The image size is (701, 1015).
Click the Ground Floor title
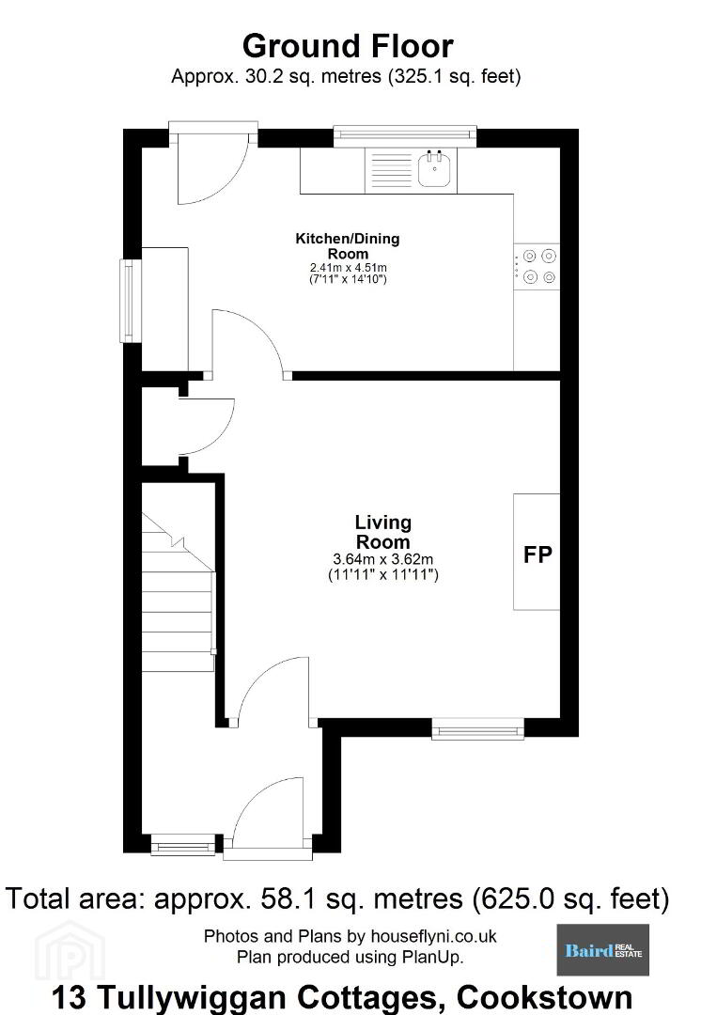pyautogui.click(x=348, y=47)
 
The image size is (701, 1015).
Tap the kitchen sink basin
pyautogui.click(x=434, y=170)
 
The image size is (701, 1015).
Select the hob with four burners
pyautogui.click(x=537, y=267)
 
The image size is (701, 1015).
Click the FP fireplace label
pyautogui.click(x=537, y=554)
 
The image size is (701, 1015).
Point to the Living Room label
pyautogui.click(x=383, y=532)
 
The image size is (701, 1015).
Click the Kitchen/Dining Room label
pyautogui.click(x=348, y=246)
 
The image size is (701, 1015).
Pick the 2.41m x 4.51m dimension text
pyautogui.click(x=349, y=267)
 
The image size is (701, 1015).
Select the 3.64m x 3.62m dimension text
pyautogui.click(x=383, y=558)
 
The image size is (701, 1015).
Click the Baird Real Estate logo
pyautogui.click(x=602, y=949)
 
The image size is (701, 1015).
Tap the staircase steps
pyautogui.click(x=178, y=592)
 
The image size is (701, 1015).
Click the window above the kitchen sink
pyautogui.click(x=405, y=134)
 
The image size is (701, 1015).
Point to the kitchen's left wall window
pyautogui.click(x=130, y=301)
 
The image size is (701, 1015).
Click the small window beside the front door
pyautogui.click(x=182, y=845)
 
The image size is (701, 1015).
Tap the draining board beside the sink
pyautogui.click(x=389, y=170)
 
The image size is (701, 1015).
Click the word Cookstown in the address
pyautogui.click(x=544, y=997)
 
